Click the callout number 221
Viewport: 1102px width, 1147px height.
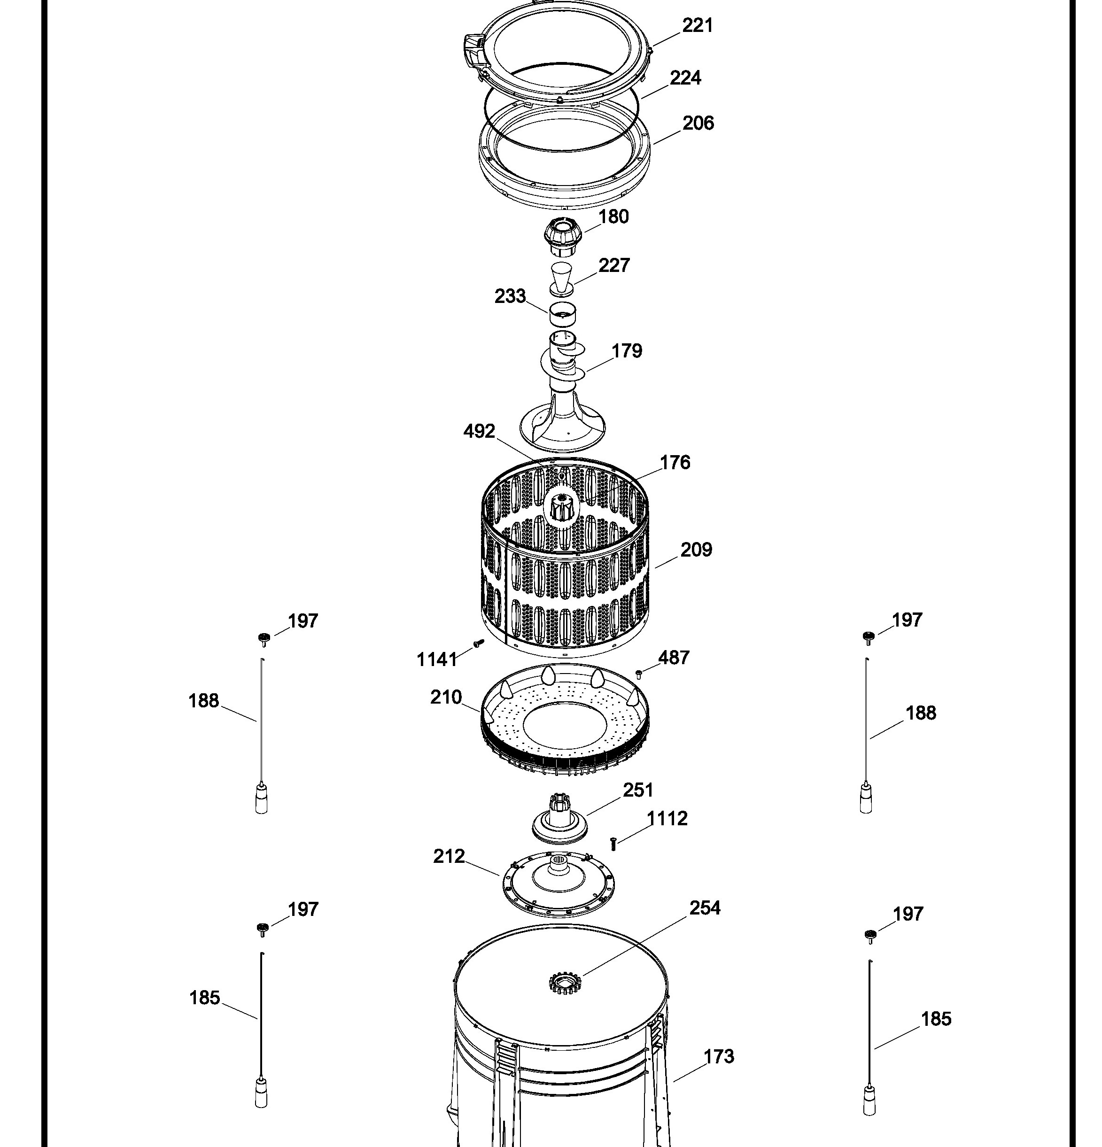pos(698,26)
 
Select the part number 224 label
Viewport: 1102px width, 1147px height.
pos(685,78)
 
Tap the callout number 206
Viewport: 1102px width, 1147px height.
pos(698,123)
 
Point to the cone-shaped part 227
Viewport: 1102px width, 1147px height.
pos(562,279)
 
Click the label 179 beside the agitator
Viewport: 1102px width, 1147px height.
pos(627,351)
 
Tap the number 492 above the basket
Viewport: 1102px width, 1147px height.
pos(479,431)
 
